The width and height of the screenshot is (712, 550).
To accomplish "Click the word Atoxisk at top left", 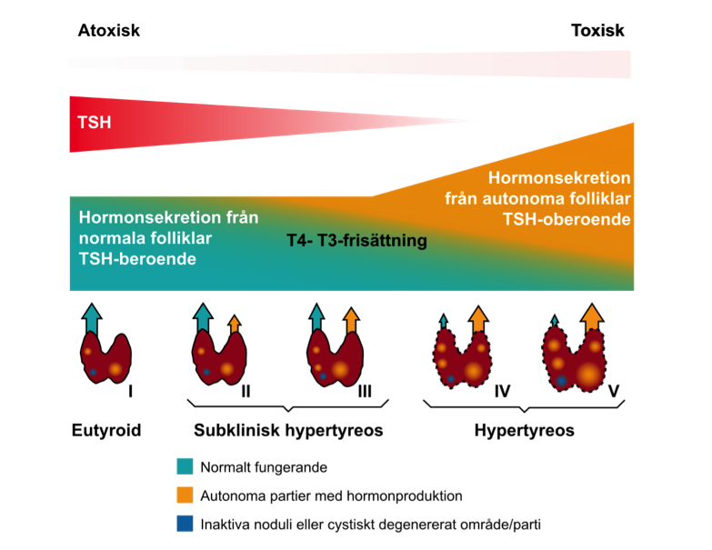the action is tap(109, 30).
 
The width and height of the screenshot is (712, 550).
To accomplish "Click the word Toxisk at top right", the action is tap(597, 30).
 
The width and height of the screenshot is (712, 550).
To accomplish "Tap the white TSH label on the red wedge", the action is tap(95, 123).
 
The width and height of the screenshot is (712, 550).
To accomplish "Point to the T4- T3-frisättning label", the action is tap(356, 241).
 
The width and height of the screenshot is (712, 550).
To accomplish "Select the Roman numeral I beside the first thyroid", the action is tap(130, 391).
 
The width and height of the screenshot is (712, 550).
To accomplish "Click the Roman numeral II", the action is tap(246, 391).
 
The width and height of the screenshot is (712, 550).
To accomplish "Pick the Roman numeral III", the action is tap(365, 391).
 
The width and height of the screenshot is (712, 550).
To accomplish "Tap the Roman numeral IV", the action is tap(502, 391).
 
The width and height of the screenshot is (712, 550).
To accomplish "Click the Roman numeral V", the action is tap(614, 391).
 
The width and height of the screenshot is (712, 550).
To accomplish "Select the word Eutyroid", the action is tap(106, 430).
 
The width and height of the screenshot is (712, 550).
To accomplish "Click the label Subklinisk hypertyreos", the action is tap(288, 430).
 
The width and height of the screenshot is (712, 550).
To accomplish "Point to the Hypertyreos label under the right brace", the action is tap(525, 430).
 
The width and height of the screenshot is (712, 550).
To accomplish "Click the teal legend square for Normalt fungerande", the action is tap(185, 466).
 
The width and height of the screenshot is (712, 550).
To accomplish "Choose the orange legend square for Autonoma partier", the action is tap(185, 495).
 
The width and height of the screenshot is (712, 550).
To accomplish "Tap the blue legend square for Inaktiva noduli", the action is tap(185, 524).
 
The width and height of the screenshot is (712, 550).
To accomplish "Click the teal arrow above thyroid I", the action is tap(92, 319).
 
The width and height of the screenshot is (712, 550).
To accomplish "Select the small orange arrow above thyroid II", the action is tap(235, 324).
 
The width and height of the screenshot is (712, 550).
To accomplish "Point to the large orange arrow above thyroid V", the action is tap(592, 317).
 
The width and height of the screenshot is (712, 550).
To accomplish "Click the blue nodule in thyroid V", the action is tap(561, 381).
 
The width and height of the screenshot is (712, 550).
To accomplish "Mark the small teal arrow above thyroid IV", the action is tap(444, 322).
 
